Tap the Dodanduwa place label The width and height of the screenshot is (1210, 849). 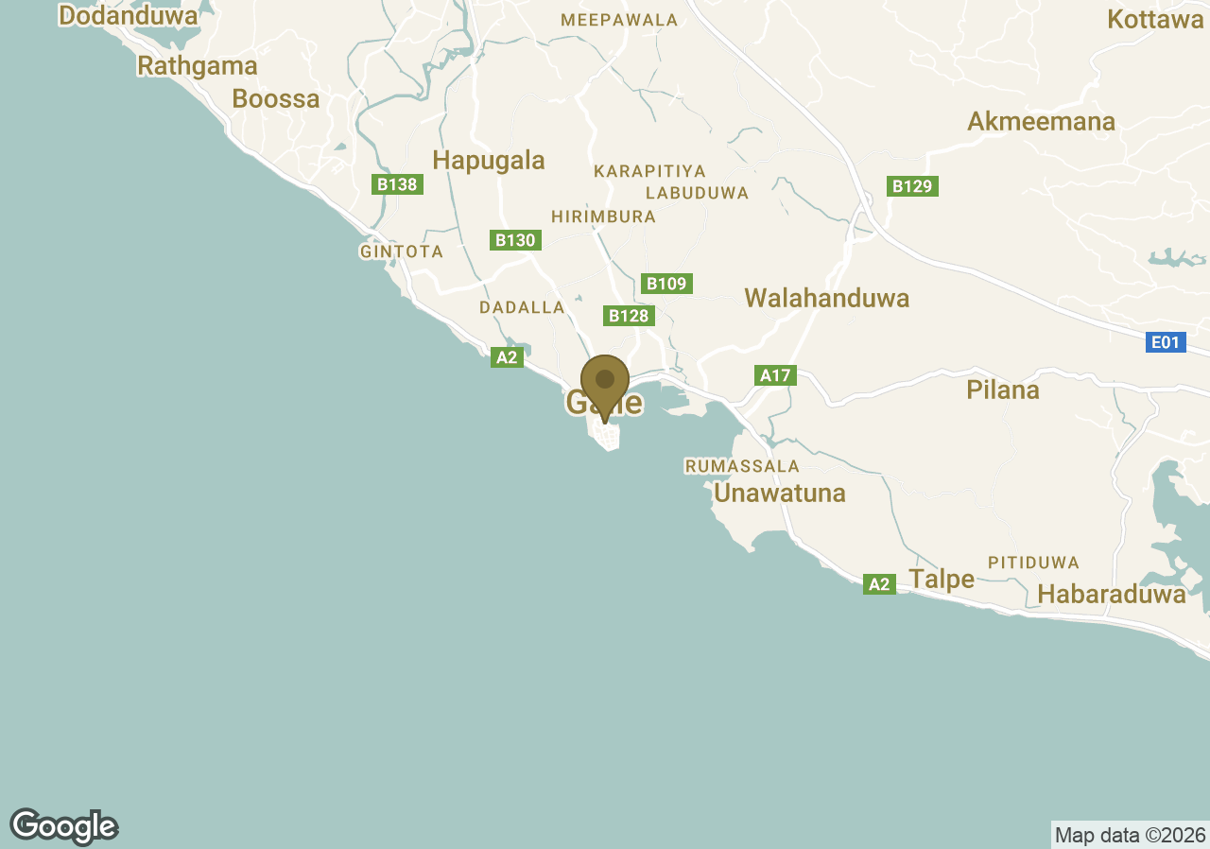click(x=128, y=16)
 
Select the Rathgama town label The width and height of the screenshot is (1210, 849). click(x=198, y=65)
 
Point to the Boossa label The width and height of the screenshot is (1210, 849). click(x=276, y=98)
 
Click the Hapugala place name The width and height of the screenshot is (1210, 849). click(x=489, y=160)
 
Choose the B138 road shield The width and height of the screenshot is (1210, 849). click(x=397, y=184)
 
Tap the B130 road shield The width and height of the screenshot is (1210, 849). click(x=515, y=240)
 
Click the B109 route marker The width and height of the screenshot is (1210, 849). click(x=666, y=284)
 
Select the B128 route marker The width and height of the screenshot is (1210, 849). click(x=629, y=316)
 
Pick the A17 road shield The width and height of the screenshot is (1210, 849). click(x=775, y=375)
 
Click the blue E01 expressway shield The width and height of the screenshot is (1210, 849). click(x=1166, y=342)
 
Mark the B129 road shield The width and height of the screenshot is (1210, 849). click(x=912, y=186)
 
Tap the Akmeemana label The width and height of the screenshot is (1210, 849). click(x=1041, y=122)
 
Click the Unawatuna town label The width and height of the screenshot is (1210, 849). click(x=780, y=494)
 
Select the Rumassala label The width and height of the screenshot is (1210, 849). click(x=742, y=466)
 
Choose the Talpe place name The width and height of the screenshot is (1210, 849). click(x=942, y=579)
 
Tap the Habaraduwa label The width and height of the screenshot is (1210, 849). click(x=1112, y=594)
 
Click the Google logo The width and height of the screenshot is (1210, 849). click(x=64, y=826)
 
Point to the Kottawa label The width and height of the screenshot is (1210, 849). click(x=1155, y=19)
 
